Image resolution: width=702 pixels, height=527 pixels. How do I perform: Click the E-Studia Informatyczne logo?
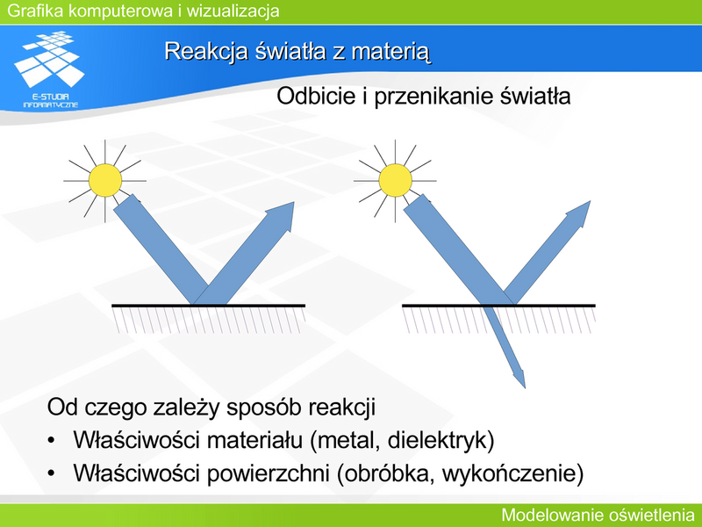50,69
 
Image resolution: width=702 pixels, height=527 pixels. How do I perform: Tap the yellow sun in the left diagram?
105,180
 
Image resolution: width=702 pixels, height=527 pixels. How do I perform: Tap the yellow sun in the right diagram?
396,180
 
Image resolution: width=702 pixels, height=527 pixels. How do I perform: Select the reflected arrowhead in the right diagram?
579,213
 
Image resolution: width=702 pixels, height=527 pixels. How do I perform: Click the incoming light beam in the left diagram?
161,249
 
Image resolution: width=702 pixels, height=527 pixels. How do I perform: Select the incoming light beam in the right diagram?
457,249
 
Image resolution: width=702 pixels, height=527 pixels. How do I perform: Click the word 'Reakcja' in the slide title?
206,51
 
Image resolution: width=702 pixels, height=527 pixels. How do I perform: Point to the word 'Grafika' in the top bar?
35,11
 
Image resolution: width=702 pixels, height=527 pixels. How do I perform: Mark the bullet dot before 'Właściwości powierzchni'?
52,473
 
